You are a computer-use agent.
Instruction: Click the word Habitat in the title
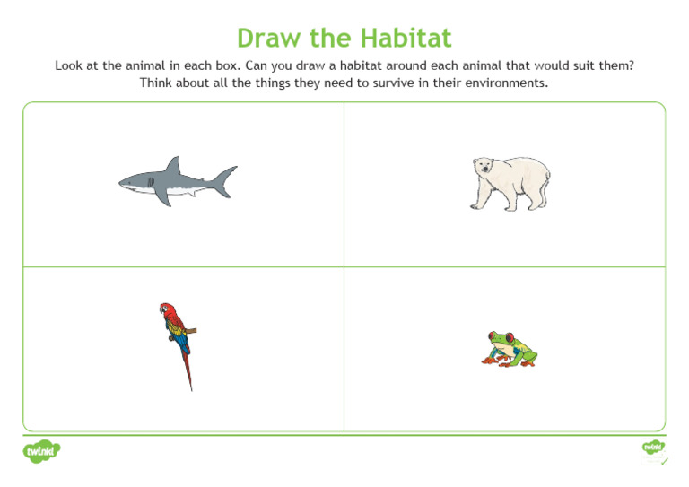[406, 39]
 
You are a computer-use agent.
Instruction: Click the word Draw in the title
[266, 39]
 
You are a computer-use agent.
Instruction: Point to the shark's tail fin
[224, 178]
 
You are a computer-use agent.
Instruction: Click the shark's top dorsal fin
[172, 166]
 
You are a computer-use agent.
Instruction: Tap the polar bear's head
[484, 167]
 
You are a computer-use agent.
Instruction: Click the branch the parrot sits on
[190, 330]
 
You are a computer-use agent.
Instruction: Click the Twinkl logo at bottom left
[41, 451]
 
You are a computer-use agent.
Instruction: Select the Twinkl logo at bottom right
[653, 448]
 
